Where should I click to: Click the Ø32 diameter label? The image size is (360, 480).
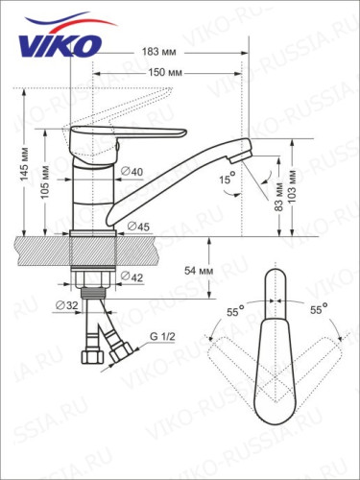click(67, 306)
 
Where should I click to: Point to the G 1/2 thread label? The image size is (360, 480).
click(161, 338)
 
